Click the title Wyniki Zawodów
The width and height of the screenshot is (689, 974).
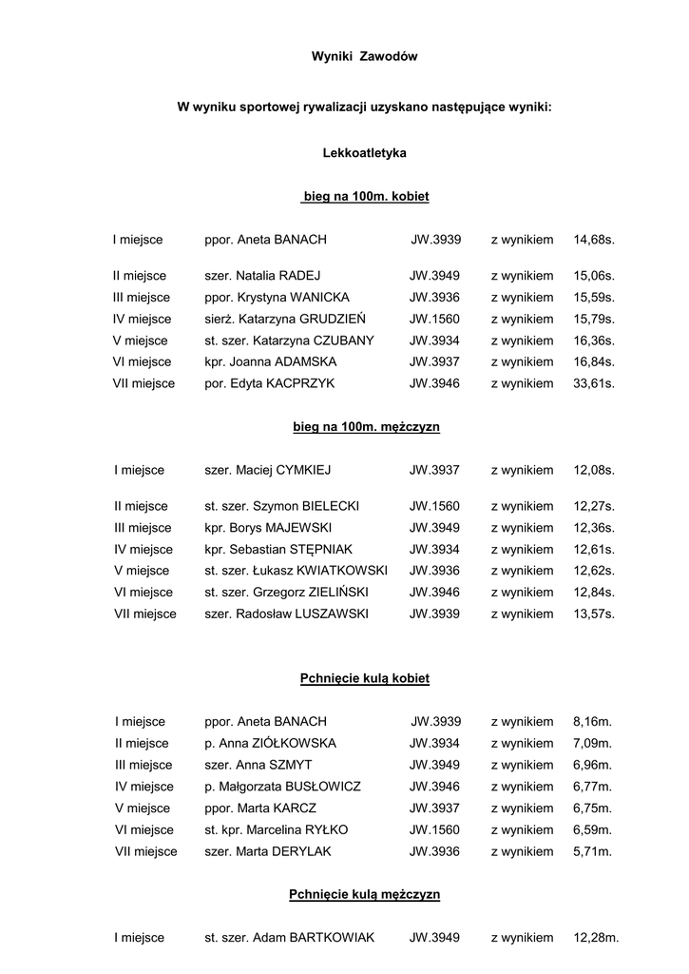364,57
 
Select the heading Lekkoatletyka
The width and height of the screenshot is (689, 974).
364,152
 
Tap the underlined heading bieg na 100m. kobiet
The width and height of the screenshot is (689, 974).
365,197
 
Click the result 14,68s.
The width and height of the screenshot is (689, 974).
594,241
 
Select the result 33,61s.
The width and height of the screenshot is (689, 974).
594,384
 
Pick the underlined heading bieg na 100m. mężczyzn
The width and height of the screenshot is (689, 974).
366,428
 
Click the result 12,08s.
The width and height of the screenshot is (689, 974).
594,470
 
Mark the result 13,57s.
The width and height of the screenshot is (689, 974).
594,614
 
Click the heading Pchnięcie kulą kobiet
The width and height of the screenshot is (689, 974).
365,679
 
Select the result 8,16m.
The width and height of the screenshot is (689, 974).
592,722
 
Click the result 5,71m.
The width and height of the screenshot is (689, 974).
592,852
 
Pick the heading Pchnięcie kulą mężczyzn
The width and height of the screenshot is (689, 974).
365,895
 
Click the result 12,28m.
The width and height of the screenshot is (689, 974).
596,938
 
